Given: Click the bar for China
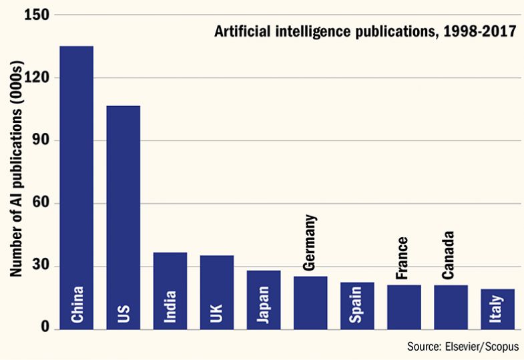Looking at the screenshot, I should pyautogui.click(x=77, y=187).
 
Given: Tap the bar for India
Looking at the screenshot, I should pyautogui.click(x=170, y=291).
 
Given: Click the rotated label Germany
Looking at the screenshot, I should pyautogui.click(x=310, y=243).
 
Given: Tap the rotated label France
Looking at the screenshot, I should pyautogui.click(x=403, y=258).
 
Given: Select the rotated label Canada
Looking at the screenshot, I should pyautogui.click(x=449, y=254).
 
